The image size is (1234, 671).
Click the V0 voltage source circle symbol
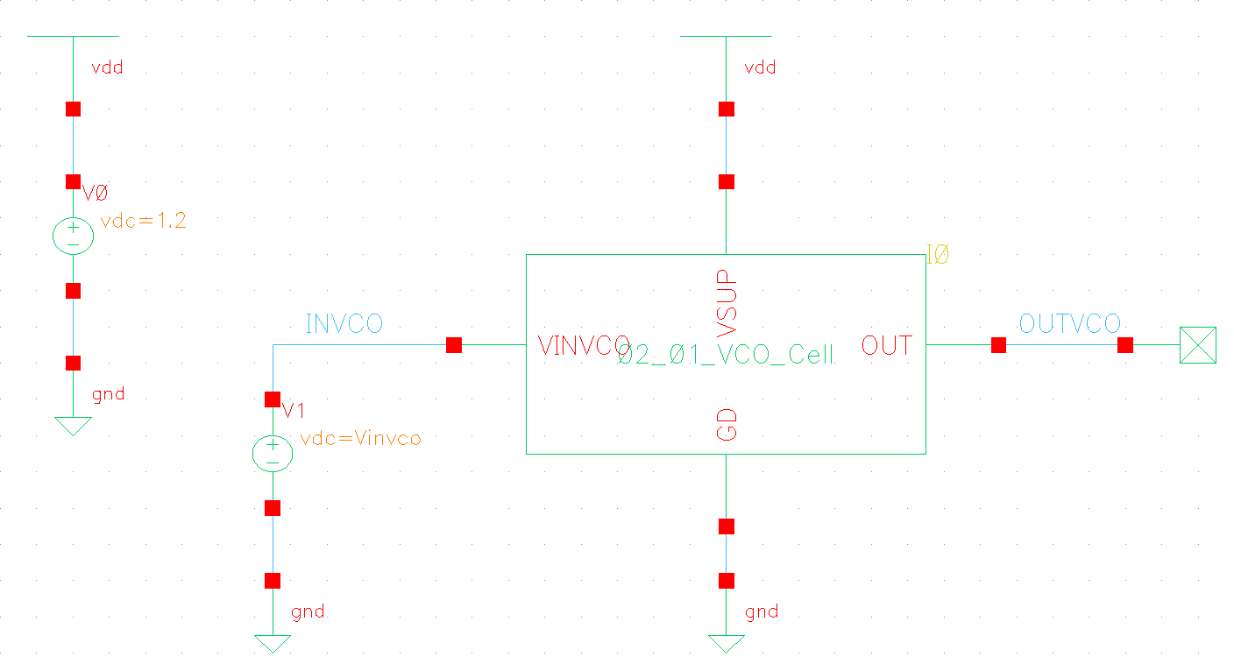click(x=73, y=237)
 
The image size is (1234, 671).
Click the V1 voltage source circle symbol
click(x=273, y=454)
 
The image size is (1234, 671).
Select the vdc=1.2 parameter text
click(x=144, y=222)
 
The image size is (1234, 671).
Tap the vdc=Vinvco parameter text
click(x=360, y=438)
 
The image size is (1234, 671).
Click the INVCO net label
click(x=344, y=324)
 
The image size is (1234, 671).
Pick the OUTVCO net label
click(x=1069, y=324)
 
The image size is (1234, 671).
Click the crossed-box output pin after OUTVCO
click(x=1197, y=345)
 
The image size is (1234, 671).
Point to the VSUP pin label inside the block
click(x=727, y=302)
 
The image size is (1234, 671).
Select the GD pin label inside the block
click(x=727, y=423)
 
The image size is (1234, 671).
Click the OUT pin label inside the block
click(x=887, y=346)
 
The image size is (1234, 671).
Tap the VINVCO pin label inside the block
click(x=584, y=346)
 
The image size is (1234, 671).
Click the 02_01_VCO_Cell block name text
click(x=726, y=356)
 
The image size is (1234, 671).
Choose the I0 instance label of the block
click(x=938, y=256)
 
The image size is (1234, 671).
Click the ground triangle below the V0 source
click(x=73, y=426)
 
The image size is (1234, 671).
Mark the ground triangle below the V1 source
click(x=273, y=643)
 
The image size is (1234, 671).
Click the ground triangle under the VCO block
click(x=726, y=643)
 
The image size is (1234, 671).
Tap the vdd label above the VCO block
click(x=760, y=67)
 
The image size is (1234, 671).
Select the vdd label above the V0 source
click(x=107, y=67)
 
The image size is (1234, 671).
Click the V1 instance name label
click(x=294, y=411)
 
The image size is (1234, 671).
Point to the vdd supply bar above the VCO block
click(x=726, y=37)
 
